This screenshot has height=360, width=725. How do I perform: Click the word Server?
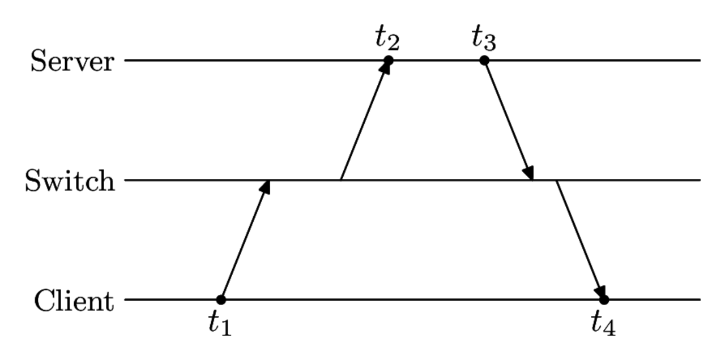[x=72, y=61]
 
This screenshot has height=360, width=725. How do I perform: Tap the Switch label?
[x=70, y=181]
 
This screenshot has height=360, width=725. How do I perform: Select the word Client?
[x=74, y=301]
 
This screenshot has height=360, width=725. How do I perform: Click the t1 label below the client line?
[x=220, y=324]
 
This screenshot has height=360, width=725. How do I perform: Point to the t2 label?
[x=387, y=38]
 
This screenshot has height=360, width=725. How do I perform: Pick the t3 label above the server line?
[x=484, y=38]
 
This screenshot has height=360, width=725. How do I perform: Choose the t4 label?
[x=603, y=324]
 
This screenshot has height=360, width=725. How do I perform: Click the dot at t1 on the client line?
[x=221, y=299]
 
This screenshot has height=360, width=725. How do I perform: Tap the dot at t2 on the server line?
[x=388, y=60]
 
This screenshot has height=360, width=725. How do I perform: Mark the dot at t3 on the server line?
[x=484, y=60]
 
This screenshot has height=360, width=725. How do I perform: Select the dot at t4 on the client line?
[x=604, y=299]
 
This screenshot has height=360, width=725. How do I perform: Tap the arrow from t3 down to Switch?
[x=508, y=120]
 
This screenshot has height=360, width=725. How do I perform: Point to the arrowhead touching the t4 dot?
[x=600, y=291]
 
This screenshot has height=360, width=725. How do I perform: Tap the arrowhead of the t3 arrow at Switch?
[x=529, y=173]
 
